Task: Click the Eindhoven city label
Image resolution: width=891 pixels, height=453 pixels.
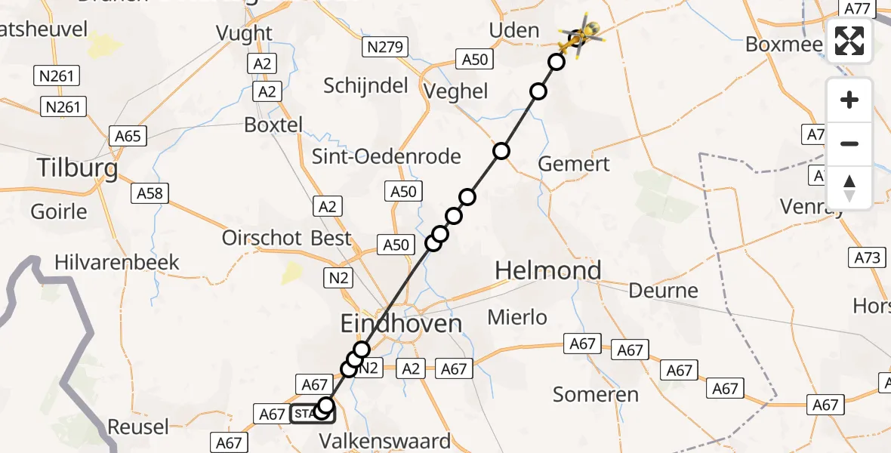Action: tap(401, 324)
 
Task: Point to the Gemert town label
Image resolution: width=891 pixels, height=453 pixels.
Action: tap(575, 164)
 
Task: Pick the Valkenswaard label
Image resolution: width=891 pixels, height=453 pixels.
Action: tap(384, 440)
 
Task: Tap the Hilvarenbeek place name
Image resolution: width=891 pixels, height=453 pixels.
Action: tap(117, 262)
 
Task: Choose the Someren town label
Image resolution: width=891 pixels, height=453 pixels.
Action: tap(596, 393)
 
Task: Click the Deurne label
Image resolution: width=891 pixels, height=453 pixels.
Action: tap(664, 291)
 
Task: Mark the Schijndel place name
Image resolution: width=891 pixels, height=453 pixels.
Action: tap(365, 85)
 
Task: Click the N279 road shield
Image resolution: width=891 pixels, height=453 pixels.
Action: tap(385, 48)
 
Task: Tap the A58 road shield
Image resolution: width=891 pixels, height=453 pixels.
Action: tap(150, 193)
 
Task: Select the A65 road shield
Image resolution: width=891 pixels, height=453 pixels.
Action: tap(127, 136)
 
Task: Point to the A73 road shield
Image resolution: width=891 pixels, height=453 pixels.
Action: tap(868, 257)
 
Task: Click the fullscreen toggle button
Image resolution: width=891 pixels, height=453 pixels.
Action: tap(849, 41)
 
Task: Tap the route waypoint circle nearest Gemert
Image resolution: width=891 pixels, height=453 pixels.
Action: tap(501, 151)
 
